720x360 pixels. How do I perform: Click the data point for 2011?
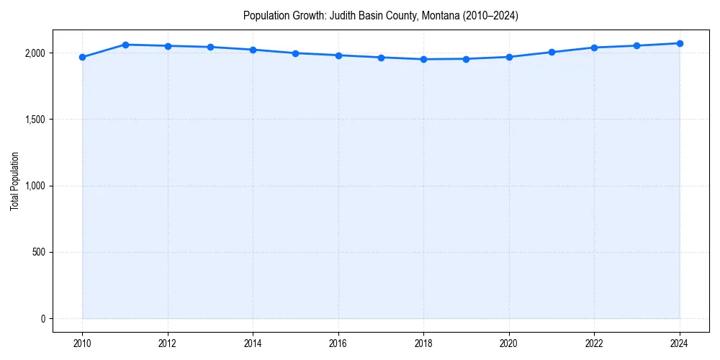pyautogui.click(x=125, y=45)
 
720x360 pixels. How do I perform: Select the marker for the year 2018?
pyautogui.click(x=423, y=59)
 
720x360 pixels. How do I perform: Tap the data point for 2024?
pyautogui.click(x=680, y=43)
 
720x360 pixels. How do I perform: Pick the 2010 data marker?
pyautogui.click(x=82, y=57)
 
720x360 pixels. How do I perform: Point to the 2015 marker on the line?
pyautogui.click(x=296, y=53)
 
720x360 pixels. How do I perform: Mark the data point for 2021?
pyautogui.click(x=552, y=52)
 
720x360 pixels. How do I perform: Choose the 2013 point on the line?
pyautogui.click(x=210, y=47)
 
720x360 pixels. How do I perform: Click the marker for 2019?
pyautogui.click(x=467, y=59)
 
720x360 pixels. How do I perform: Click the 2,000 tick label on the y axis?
pyautogui.click(x=35, y=53)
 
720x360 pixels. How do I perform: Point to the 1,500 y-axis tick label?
pyautogui.click(x=35, y=120)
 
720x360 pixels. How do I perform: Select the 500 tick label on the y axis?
pyautogui.click(x=38, y=253)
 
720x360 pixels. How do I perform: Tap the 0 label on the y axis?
pyautogui.click(x=43, y=319)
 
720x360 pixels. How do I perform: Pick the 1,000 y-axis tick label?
pyautogui.click(x=35, y=186)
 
